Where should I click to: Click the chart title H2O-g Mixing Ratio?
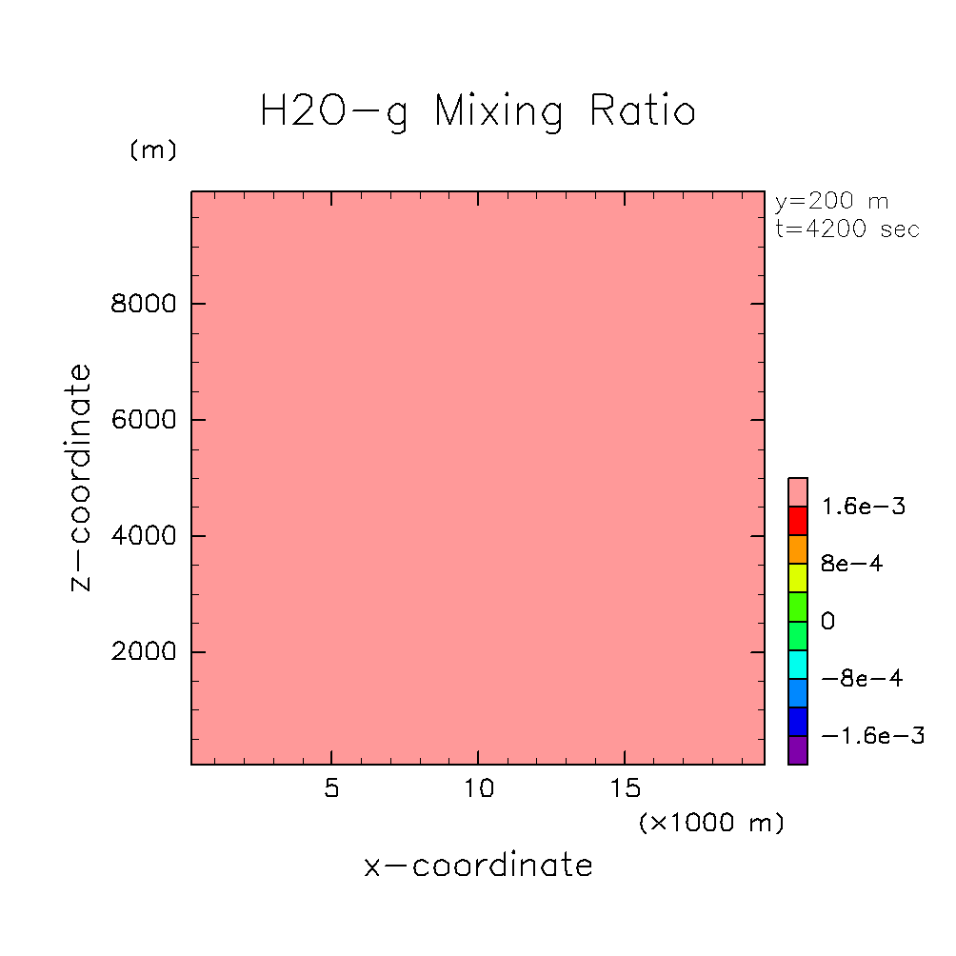pyautogui.click(x=478, y=111)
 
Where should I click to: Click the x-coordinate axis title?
pyautogui.click(x=478, y=866)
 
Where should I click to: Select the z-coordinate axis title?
pyautogui.click(x=82, y=477)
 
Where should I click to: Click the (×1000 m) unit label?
pyautogui.click(x=711, y=823)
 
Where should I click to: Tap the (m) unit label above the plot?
pyautogui.click(x=153, y=150)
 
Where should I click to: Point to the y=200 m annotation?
pyautogui.click(x=831, y=202)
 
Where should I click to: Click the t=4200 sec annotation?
pyautogui.click(x=847, y=229)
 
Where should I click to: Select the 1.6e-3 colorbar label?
pyautogui.click(x=863, y=507)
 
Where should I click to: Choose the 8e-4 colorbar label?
pyautogui.click(x=851, y=564)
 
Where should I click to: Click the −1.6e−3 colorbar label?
pyautogui.click(x=871, y=736)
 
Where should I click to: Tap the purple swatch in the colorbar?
pyautogui.click(x=798, y=750)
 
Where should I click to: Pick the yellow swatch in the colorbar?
pyautogui.click(x=798, y=578)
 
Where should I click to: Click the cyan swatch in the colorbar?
pyautogui.click(x=798, y=664)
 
